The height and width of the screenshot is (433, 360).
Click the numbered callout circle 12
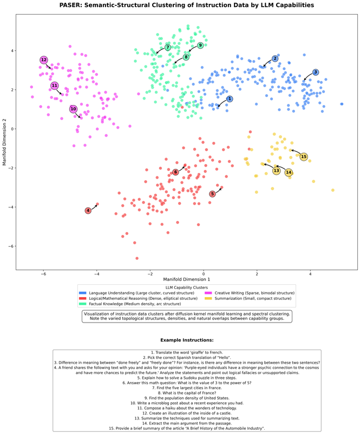(x=44, y=60)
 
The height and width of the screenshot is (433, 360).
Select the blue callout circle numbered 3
(x=316, y=73)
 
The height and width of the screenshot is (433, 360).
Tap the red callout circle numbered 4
(x=88, y=211)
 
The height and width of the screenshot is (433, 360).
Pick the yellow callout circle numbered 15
(x=304, y=157)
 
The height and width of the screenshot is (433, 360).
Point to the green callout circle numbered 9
(x=200, y=45)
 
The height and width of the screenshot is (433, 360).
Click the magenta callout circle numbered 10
(x=73, y=109)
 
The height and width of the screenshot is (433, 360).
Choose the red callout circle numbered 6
(x=175, y=172)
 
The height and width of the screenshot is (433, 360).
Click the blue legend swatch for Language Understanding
(x=82, y=293)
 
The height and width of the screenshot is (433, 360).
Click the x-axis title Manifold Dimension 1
(x=187, y=279)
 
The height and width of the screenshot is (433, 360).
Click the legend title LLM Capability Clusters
(x=187, y=287)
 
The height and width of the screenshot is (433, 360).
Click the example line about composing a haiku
(x=187, y=408)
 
